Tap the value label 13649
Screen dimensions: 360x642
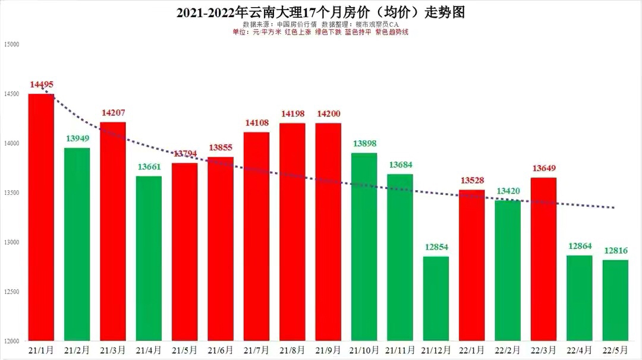pyautogui.click(x=544, y=168)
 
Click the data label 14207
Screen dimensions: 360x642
pyautogui.click(x=113, y=112)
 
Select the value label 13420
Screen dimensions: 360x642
pyautogui.click(x=508, y=191)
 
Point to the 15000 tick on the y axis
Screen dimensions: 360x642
pyautogui.click(x=12, y=45)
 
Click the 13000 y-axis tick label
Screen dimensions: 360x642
pyautogui.click(x=12, y=242)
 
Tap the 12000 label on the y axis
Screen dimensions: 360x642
pyautogui.click(x=12, y=341)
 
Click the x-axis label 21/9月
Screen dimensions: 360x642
pyautogui.click(x=328, y=350)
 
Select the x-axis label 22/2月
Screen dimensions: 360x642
pyautogui.click(x=508, y=350)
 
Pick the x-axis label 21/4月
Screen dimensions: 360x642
pyautogui.click(x=149, y=350)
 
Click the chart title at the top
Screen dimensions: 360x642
pyautogui.click(x=320, y=12)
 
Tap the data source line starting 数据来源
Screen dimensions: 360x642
pyautogui.click(x=320, y=24)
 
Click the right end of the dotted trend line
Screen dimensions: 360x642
pyautogui.click(x=614, y=207)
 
